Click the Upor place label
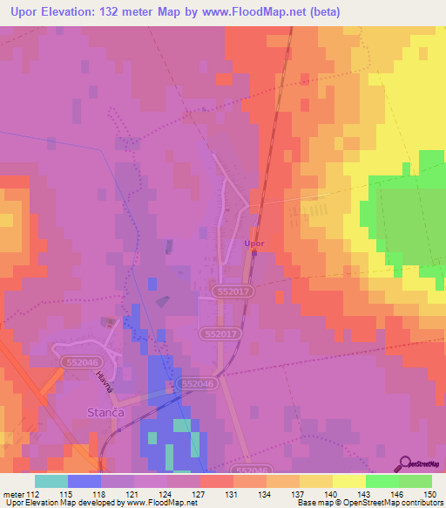point(253,244)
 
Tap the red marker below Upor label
point(254,254)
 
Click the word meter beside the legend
point(13,495)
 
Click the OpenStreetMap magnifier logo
point(405,463)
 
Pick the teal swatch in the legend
point(51,481)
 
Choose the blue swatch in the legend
point(84,481)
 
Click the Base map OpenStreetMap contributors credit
point(369,503)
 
